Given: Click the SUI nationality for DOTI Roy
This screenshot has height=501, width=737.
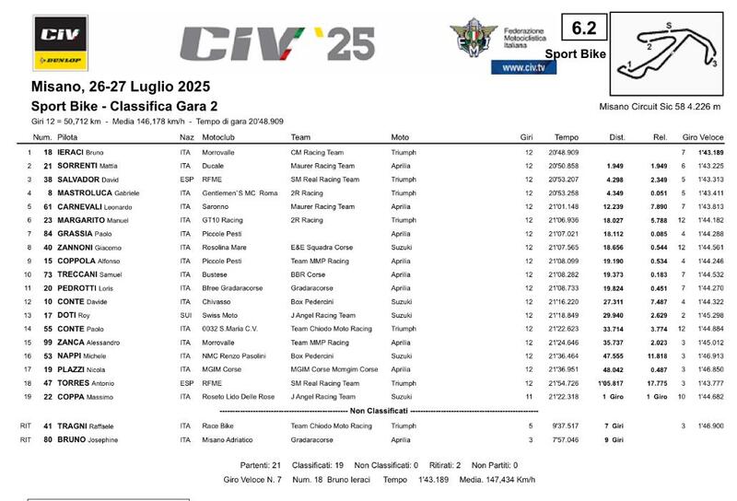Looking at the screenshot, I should [185, 316].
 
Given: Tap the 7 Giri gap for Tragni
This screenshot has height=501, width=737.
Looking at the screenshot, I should [614, 426].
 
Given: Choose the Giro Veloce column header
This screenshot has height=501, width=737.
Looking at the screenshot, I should [702, 137].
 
